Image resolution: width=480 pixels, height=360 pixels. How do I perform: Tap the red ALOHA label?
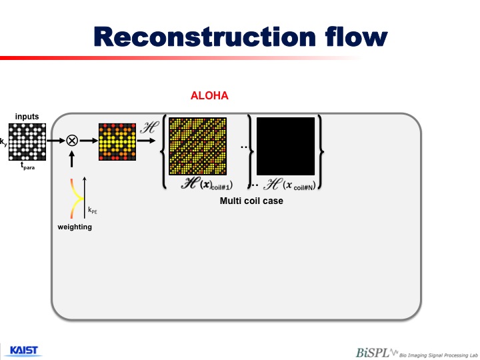pos(210,96)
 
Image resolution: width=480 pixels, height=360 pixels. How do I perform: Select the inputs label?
pos(27,117)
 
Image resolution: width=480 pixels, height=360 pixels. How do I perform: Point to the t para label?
pos(28,167)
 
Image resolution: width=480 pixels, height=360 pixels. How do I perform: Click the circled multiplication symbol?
pos(72,141)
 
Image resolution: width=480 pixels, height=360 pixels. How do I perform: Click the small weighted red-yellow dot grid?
pos(117,141)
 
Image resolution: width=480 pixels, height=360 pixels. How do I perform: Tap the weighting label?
pos(74,227)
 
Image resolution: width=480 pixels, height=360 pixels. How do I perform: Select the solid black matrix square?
pos(285,147)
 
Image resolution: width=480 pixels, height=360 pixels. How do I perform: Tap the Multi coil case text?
pos(251,200)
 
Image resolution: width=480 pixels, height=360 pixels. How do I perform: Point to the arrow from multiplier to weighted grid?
pos(88,141)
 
